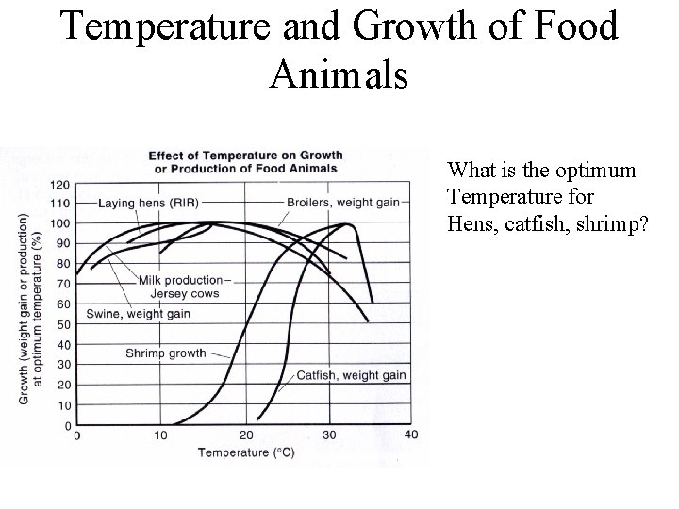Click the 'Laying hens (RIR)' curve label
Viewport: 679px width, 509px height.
[150, 203]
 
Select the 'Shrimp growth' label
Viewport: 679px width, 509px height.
[166, 353]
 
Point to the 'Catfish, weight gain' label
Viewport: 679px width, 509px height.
[351, 375]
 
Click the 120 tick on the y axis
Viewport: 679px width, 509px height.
[60, 184]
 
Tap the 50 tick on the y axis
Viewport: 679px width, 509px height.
[63, 324]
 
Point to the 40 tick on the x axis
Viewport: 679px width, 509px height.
[412, 435]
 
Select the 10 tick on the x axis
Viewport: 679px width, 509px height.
[161, 435]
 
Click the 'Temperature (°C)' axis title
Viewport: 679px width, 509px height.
[246, 452]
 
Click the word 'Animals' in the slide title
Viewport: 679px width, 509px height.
[339, 74]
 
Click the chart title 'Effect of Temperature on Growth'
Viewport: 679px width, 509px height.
[245, 156]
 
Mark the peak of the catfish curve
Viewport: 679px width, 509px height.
[347, 224]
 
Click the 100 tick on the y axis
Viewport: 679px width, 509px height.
[60, 223]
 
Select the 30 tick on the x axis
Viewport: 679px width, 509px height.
[329, 435]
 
